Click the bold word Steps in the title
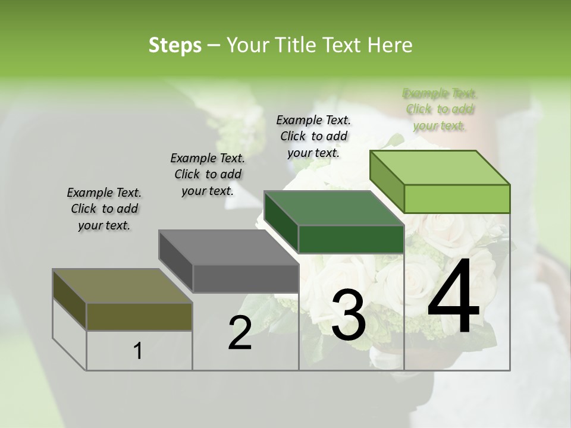point(174,45)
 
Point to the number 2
point(240,333)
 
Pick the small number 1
point(137,351)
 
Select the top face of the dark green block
point(333,208)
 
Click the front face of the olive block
point(139,316)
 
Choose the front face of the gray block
point(246,278)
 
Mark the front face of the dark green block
point(351,239)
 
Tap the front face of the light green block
point(457,199)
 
